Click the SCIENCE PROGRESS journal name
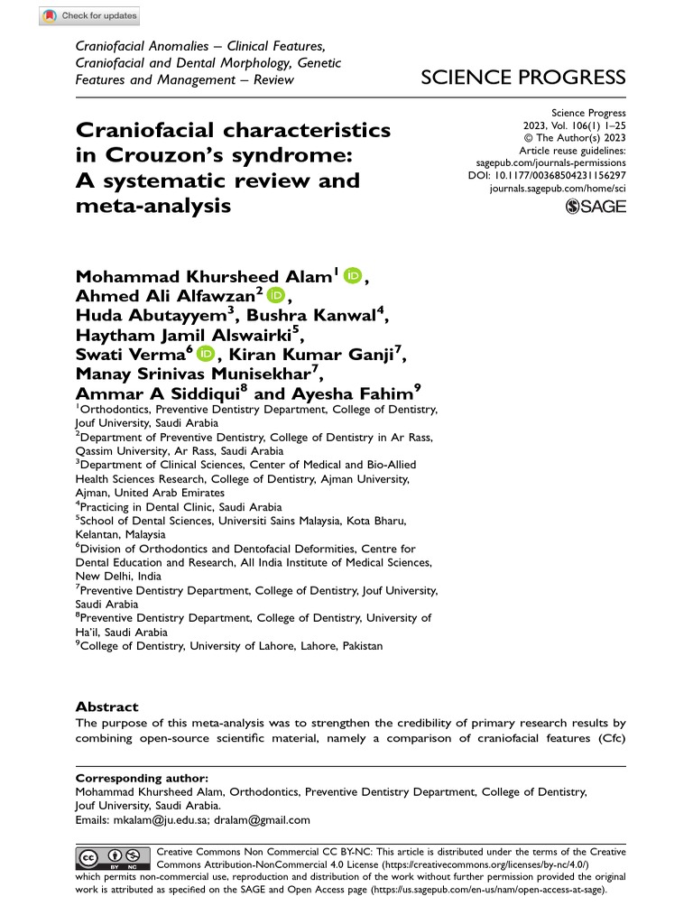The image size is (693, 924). tap(523, 78)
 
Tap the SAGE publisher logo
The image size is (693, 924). tap(595, 208)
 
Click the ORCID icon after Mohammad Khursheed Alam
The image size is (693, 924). tap(352, 275)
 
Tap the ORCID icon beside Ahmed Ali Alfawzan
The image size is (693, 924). tap(275, 296)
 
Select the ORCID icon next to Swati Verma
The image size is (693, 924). tap(204, 356)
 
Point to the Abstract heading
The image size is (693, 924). tap(106, 707)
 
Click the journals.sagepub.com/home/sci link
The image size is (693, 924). tap(557, 188)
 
